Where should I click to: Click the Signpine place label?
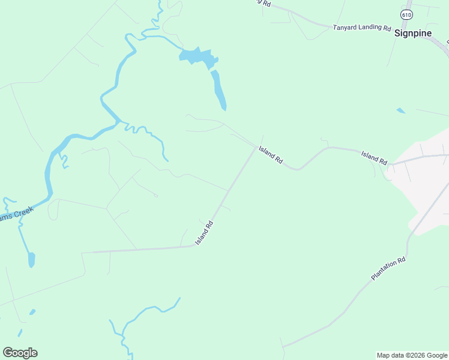413,33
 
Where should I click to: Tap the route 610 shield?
407,14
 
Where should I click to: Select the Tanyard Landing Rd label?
362,28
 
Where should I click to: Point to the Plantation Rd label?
388,269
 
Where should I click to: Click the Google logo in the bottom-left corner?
20,353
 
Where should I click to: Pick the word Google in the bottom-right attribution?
438,355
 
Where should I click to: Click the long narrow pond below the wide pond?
218,90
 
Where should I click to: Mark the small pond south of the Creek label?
31,260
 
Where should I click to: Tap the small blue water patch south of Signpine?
400,110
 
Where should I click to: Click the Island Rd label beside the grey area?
374,158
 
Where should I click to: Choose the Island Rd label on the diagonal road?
204,233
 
